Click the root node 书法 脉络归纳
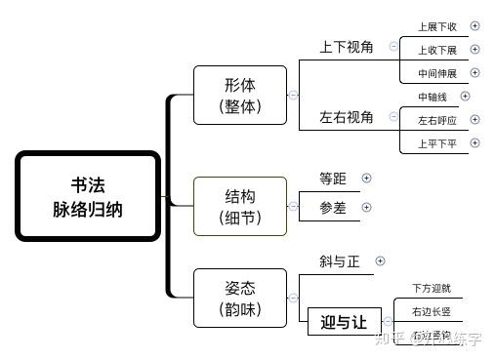(88, 196)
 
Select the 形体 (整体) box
(240, 96)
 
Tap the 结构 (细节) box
(240, 206)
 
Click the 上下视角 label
(347, 46)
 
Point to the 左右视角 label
(347, 117)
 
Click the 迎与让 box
(343, 322)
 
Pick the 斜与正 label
(339, 261)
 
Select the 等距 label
(332, 179)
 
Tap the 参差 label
(332, 207)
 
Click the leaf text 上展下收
(436, 26)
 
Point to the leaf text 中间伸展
(436, 72)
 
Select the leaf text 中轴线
(433, 97)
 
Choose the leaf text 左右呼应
(436, 120)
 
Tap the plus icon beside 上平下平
(475, 143)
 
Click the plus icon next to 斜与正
(381, 260)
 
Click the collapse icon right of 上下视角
(393, 46)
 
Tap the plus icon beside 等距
(367, 179)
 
